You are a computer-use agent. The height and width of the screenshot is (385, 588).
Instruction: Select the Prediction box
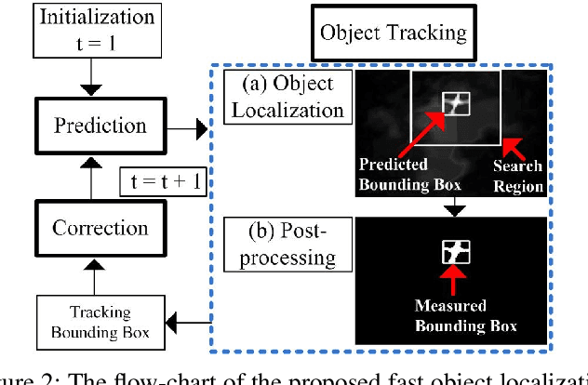[x=100, y=126]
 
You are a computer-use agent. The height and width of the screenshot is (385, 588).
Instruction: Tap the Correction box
[x=100, y=228]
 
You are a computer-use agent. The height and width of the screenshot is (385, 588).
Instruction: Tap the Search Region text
[x=518, y=177]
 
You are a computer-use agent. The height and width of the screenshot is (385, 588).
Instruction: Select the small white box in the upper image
[x=457, y=103]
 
